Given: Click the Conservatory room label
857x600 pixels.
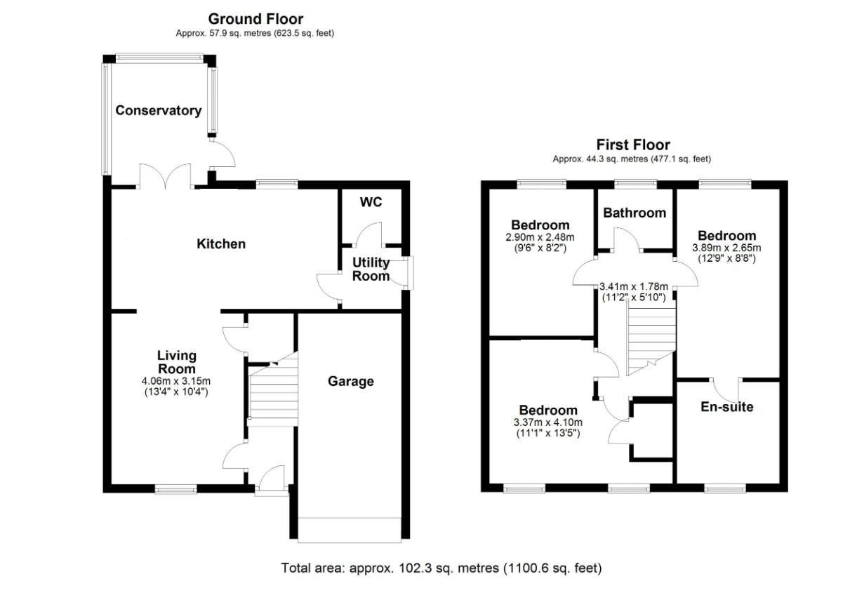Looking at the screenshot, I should coord(159,110).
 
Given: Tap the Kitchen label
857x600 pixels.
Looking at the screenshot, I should coord(221,244).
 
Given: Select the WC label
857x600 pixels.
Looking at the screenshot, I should coord(371,202).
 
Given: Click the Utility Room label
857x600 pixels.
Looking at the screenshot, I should coord(371,269).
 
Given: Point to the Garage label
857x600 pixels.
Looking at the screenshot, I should coord(351,381).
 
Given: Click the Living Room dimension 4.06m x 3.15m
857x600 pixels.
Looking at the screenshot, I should coord(176,381).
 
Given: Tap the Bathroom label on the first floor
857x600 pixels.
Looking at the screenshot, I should coord(635,213).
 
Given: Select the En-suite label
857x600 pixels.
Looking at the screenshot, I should coord(726,406).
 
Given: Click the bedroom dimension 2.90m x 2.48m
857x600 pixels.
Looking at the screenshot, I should coord(540,237).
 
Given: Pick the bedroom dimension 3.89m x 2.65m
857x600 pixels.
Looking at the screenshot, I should coord(726,248).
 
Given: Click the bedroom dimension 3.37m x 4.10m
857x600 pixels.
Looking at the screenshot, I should coord(547,422).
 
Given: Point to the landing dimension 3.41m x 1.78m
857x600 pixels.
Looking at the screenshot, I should coord(633,287).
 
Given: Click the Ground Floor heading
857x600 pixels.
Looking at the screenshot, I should coord(255,19).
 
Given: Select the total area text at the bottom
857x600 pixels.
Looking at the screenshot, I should coord(441,568).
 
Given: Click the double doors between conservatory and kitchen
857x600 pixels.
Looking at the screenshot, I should coord(166,176).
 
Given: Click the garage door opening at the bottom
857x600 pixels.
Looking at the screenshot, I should coord(350,530).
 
